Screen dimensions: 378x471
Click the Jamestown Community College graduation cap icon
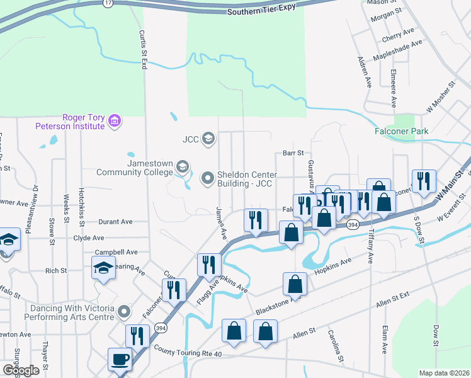[x=183, y=167]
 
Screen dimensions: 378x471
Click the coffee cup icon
[x=120, y=360]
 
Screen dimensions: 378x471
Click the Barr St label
[x=293, y=152]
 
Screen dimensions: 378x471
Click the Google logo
[x=21, y=370]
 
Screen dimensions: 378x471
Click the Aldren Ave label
[x=364, y=71]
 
